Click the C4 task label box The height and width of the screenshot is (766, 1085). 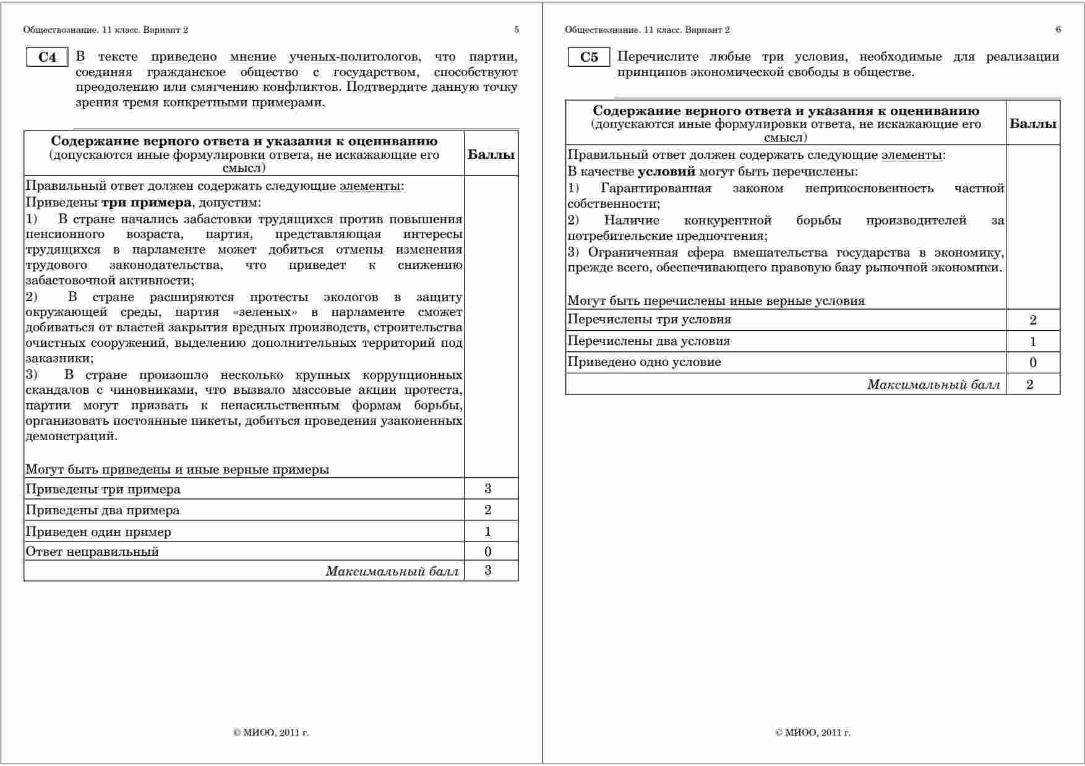click(x=47, y=57)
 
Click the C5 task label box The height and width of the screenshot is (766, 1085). click(x=589, y=57)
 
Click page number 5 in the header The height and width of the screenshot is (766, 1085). click(x=517, y=30)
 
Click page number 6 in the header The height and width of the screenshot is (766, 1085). click(x=1058, y=30)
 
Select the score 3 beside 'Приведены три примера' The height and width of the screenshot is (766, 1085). click(x=488, y=489)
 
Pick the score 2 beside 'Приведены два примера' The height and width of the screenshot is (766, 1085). click(x=488, y=510)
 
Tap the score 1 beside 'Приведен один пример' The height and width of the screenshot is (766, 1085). click(x=488, y=532)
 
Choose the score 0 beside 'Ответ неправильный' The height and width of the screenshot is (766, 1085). click(x=488, y=551)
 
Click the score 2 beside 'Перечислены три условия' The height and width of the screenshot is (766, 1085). click(x=1032, y=320)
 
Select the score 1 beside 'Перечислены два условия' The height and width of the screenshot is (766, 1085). click(x=1032, y=342)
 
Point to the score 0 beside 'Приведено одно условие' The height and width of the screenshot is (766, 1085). click(x=1032, y=363)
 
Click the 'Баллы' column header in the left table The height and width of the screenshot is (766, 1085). click(x=491, y=155)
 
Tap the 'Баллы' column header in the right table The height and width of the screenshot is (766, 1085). click(x=1033, y=123)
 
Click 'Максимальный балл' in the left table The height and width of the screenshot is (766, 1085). click(x=393, y=571)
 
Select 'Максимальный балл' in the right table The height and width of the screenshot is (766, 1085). click(x=933, y=385)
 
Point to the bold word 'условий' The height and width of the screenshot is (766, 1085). click(x=667, y=172)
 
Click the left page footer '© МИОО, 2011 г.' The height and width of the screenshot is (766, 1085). click(x=271, y=733)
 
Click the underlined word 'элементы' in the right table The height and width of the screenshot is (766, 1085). click(x=912, y=155)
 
